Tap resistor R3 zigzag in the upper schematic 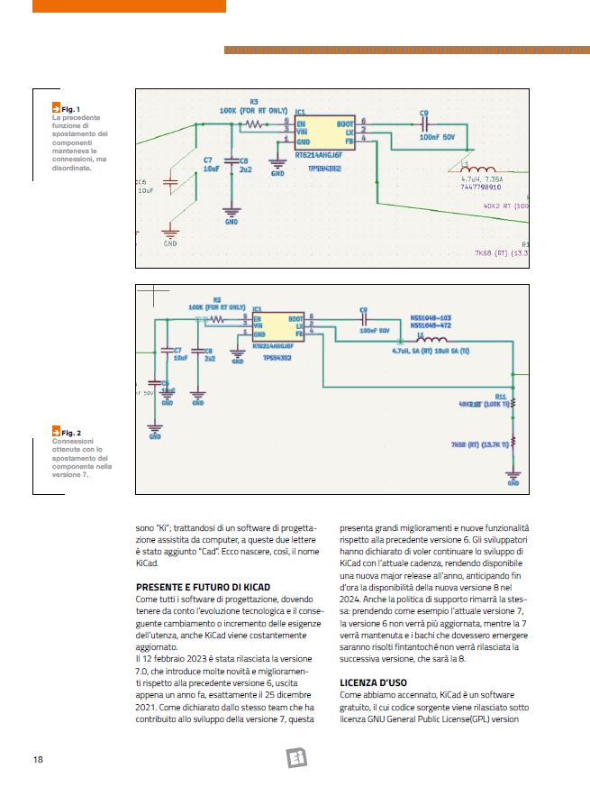tap(255, 124)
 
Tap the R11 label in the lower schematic tap(500, 395)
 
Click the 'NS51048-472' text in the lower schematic tap(431, 325)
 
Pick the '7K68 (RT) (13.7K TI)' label tap(481, 444)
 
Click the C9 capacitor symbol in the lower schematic tap(364, 319)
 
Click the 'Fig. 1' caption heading tap(68, 109)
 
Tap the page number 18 tap(39, 759)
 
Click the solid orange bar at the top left tap(129, 6)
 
